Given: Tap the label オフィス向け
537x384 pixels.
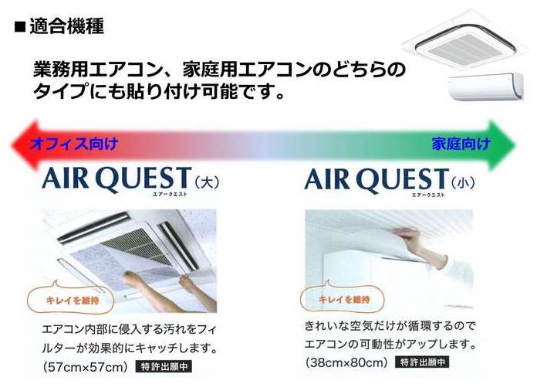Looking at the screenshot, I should pos(74,143).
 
